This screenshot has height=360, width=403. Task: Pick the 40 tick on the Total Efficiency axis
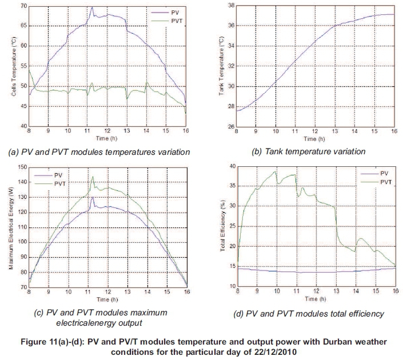click(x=231, y=166)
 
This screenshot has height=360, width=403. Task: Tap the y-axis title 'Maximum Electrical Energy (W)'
click(x=11, y=227)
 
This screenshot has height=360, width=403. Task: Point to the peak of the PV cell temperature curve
click(x=92, y=7)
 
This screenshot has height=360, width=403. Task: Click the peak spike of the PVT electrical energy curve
click(x=93, y=177)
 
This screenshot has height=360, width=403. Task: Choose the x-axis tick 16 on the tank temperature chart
click(x=394, y=132)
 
